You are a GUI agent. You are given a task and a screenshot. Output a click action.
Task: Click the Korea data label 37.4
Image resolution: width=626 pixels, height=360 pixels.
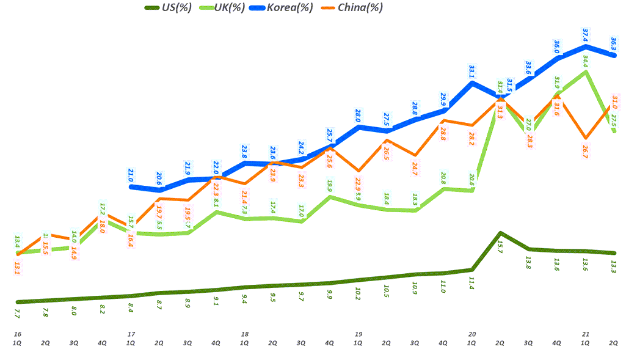coord(586,34)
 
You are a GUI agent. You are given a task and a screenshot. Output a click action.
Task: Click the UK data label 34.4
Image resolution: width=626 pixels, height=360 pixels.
coord(586,61)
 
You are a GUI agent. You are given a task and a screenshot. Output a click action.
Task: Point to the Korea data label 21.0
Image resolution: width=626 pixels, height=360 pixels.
coord(131,175)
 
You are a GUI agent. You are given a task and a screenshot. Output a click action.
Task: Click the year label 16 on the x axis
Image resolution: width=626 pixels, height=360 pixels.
coord(17,334)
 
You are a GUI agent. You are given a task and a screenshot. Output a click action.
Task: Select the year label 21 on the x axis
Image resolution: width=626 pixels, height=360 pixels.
coord(586,334)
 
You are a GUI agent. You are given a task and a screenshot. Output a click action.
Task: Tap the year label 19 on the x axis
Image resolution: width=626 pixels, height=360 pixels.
coord(358,334)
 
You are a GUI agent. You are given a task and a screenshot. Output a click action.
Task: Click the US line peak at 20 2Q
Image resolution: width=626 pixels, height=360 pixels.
coord(500,233)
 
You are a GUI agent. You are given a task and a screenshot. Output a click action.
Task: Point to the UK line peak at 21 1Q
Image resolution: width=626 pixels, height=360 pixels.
coord(586,72)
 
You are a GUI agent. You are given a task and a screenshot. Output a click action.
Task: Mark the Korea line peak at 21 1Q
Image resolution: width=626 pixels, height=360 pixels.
coord(586,46)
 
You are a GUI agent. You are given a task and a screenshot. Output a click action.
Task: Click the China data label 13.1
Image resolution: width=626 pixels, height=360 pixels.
coord(17,268)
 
